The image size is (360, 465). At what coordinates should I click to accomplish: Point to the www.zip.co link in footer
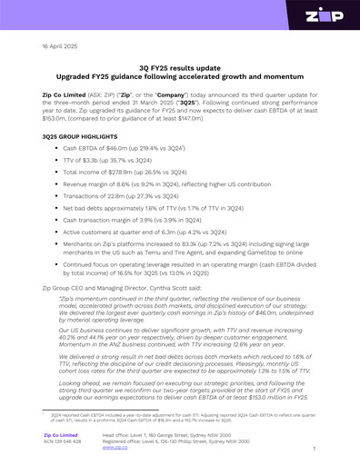(x=115, y=448)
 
